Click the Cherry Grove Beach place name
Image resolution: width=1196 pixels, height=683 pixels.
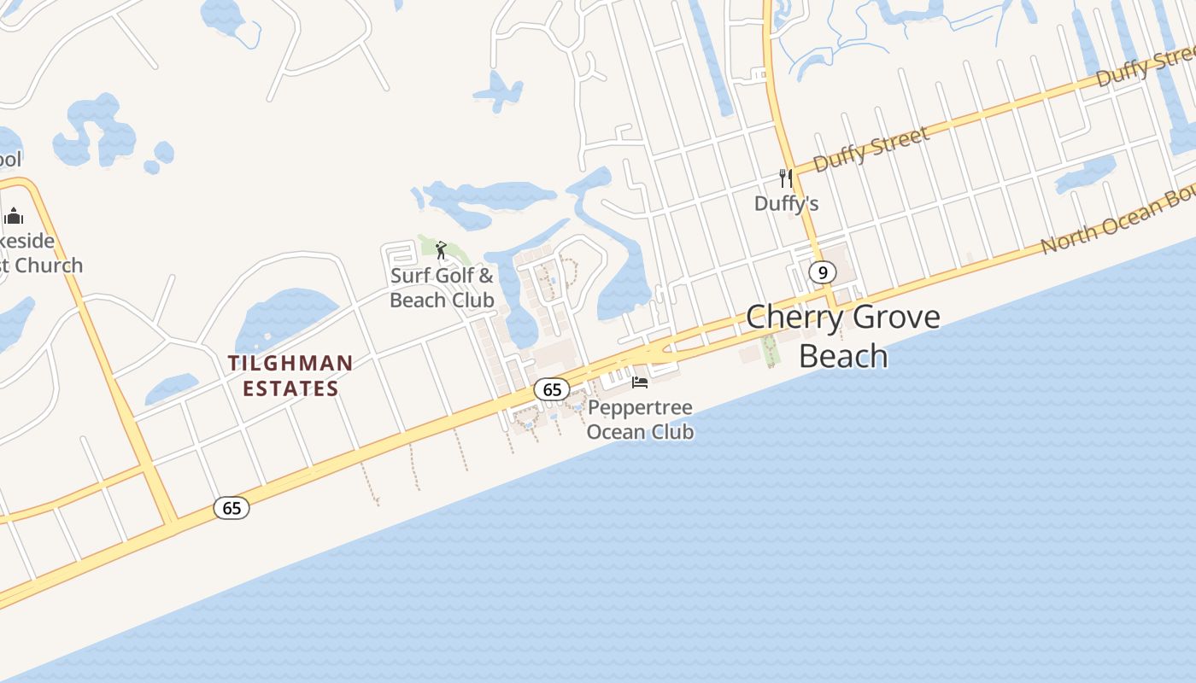(x=842, y=336)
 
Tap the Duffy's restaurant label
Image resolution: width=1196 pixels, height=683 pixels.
(x=786, y=203)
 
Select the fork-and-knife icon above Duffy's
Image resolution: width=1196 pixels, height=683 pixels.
(x=786, y=178)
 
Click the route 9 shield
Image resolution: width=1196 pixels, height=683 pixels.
(x=822, y=272)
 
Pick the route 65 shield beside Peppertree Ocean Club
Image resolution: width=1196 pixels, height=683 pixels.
(x=552, y=390)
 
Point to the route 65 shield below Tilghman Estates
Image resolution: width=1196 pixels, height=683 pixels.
(x=232, y=508)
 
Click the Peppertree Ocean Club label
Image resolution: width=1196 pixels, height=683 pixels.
(x=640, y=419)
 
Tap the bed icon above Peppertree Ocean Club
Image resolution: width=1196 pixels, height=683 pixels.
(x=640, y=382)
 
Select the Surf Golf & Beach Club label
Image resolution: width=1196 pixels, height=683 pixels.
(x=442, y=288)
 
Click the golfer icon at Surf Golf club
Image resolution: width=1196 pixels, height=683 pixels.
(x=441, y=250)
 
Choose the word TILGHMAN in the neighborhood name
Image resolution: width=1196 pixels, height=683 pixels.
(x=290, y=364)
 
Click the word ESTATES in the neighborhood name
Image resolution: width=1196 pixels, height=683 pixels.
(x=290, y=389)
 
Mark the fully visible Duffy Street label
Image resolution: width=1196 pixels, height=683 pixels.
(x=871, y=149)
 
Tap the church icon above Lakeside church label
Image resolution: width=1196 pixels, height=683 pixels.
(x=14, y=215)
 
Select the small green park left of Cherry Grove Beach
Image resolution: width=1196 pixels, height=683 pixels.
(x=770, y=349)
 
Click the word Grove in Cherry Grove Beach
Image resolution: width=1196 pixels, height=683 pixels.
(x=890, y=318)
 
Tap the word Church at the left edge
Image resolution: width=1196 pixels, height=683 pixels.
(x=47, y=266)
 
